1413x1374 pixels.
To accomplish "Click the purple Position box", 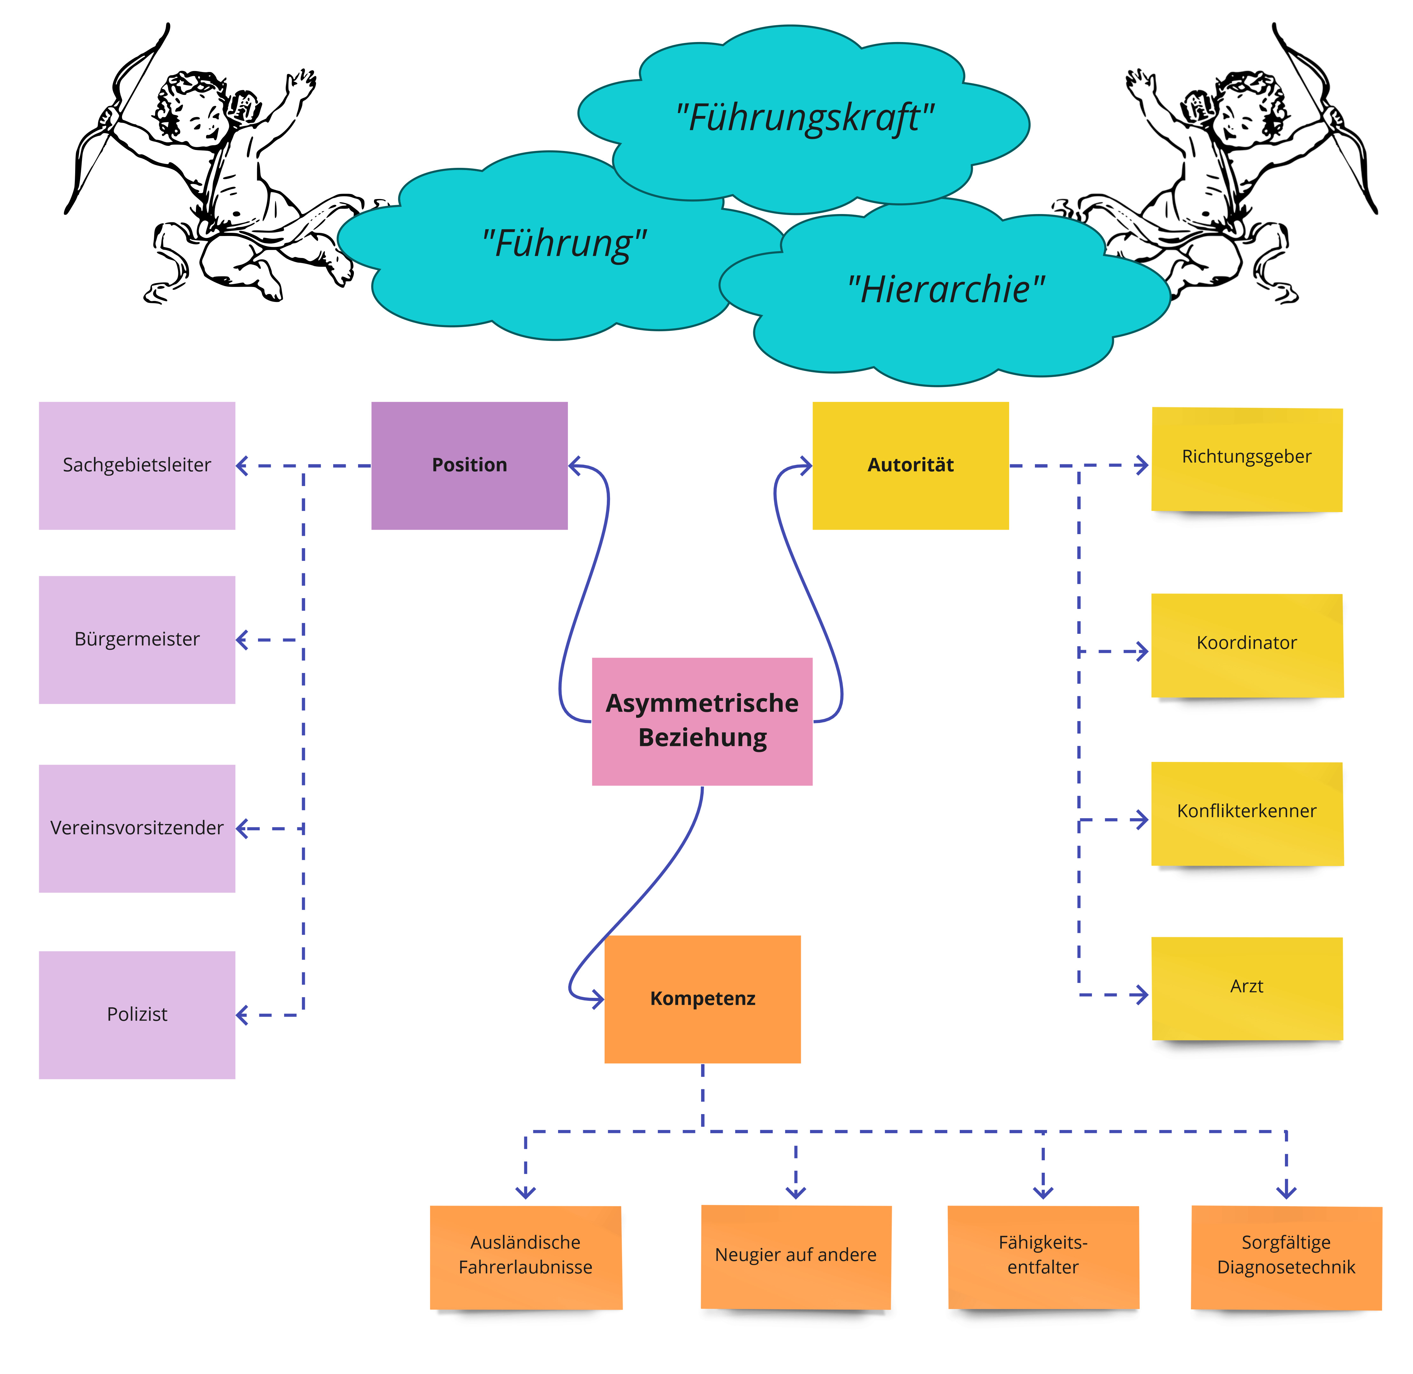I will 469,465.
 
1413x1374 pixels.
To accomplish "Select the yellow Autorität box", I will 910,465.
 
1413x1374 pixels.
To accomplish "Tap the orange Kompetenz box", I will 702,999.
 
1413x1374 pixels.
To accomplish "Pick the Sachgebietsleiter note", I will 137,465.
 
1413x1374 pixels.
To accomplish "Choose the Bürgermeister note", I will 137,639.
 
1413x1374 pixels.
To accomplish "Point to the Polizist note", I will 137,1015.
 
